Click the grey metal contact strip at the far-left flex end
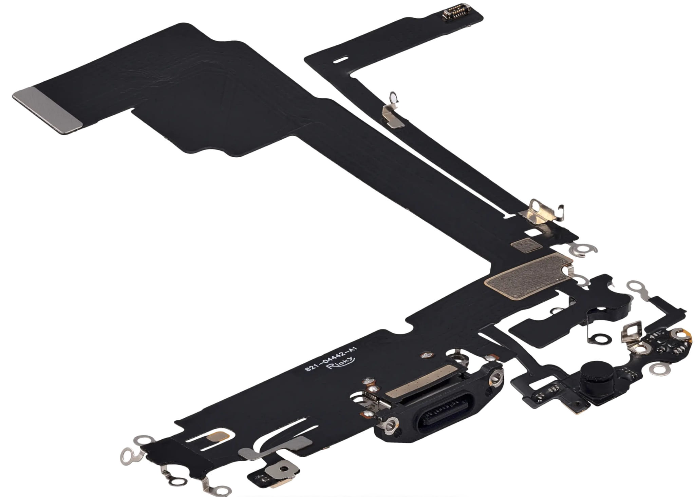pyautogui.click(x=48, y=110)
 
